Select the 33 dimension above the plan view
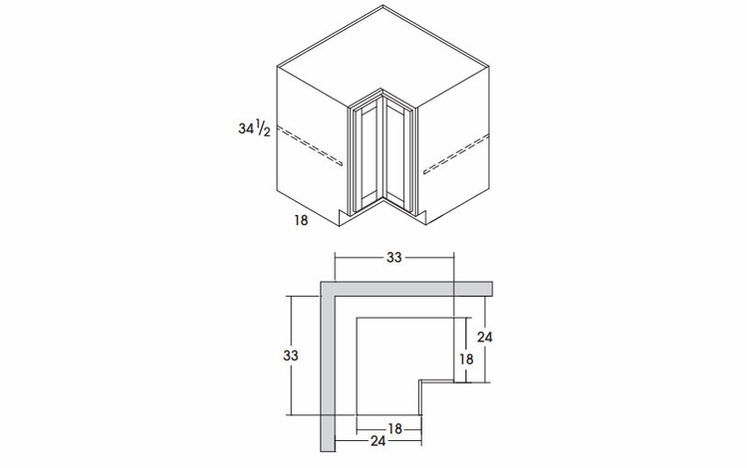[x=394, y=257]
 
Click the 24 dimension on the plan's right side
[x=485, y=337]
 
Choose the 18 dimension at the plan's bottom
[x=394, y=428]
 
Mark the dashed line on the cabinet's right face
[x=456, y=148]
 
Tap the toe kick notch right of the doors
[x=421, y=213]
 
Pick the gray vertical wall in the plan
[x=328, y=368]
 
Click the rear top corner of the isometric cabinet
[x=382, y=7]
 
